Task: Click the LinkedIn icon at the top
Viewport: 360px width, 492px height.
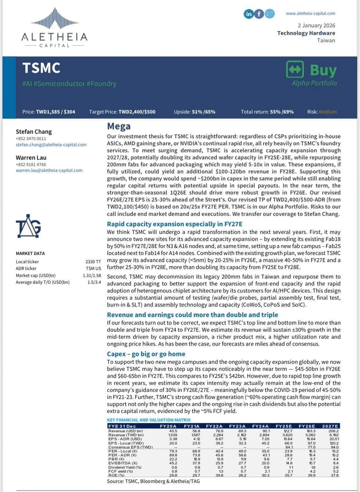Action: [249, 14]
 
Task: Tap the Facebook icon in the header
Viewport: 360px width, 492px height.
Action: [259, 14]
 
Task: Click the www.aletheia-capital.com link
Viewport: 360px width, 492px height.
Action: [310, 13]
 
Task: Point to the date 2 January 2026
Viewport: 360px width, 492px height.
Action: [316, 25]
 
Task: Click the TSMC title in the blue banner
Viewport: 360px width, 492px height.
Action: [41, 68]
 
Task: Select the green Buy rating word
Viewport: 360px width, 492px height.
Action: [323, 70]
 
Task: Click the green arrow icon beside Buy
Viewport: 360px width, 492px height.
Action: [295, 69]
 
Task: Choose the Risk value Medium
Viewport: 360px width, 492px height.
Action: [328, 112]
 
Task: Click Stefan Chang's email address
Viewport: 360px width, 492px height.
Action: [51, 144]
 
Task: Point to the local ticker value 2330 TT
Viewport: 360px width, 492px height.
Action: [93, 262]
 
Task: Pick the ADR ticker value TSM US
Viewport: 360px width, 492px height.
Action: [93, 269]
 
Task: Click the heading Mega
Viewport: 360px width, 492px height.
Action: [119, 126]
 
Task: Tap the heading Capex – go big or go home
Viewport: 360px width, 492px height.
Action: [146, 354]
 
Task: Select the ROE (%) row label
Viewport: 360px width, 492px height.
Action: [116, 475]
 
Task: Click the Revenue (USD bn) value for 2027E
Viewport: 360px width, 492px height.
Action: [333, 431]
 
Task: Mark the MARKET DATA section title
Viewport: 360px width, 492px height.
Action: [30, 253]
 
